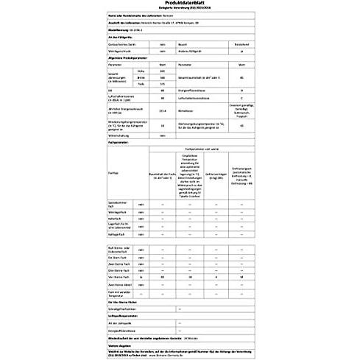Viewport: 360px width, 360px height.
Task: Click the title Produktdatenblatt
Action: [x=180, y=8]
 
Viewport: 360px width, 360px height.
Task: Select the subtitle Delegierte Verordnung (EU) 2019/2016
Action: [x=180, y=14]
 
